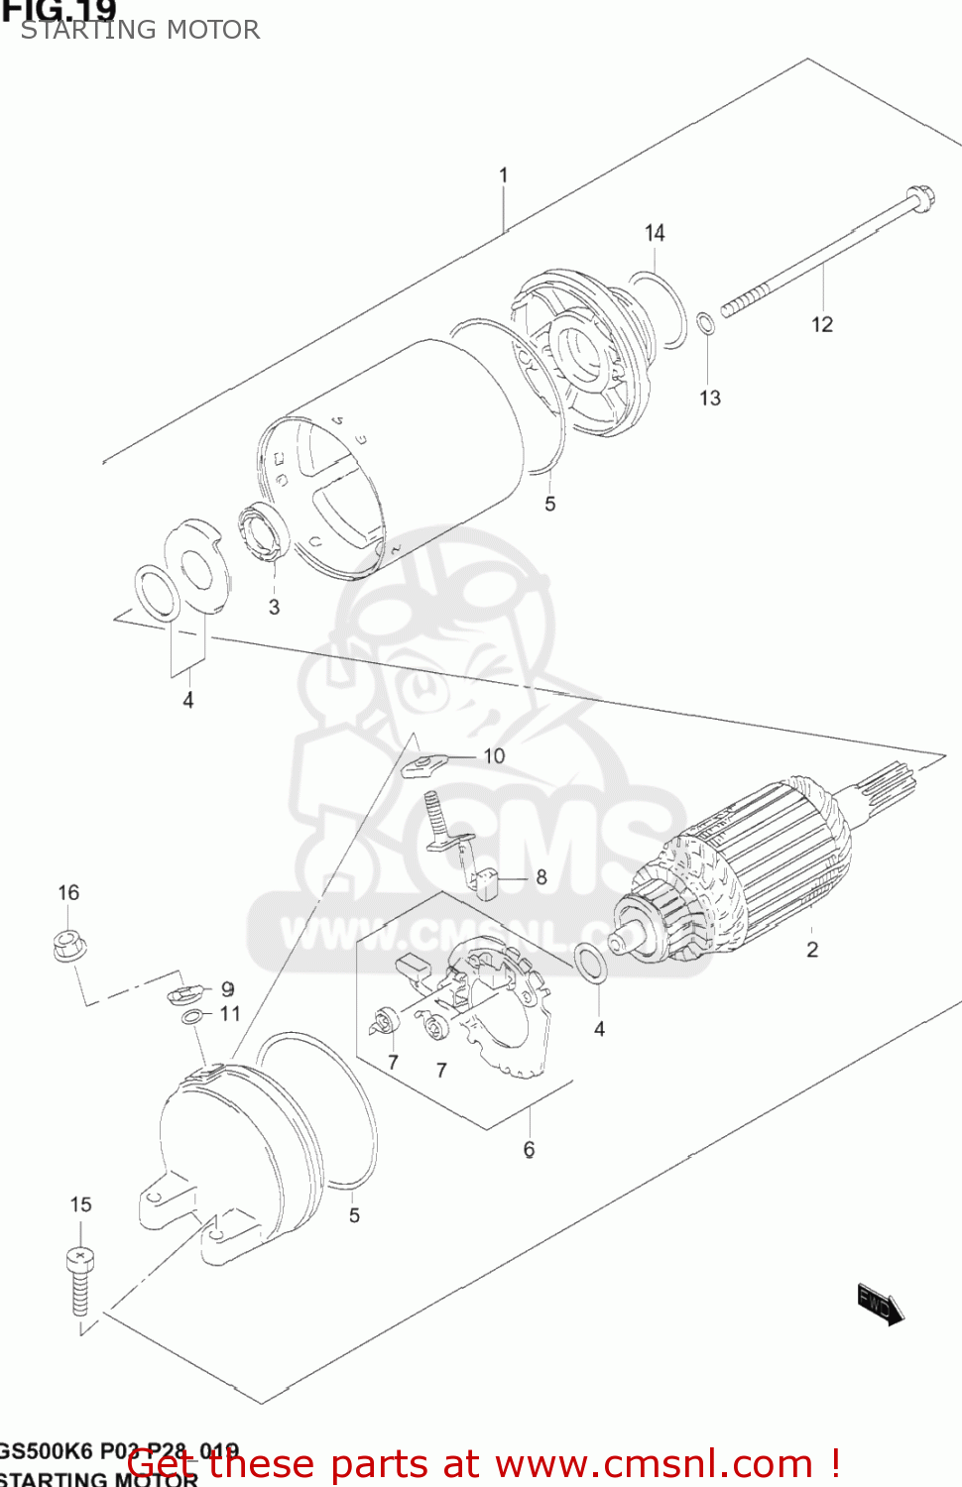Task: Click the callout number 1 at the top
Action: tap(504, 175)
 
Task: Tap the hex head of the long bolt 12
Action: tap(919, 195)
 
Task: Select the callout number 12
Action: tap(822, 324)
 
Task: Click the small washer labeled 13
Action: tap(705, 324)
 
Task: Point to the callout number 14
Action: tap(655, 233)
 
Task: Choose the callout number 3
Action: tap(275, 607)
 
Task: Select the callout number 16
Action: tap(68, 892)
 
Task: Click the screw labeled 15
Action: tap(80, 1279)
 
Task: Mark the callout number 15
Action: tap(80, 1204)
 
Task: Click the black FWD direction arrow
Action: tap(880, 1305)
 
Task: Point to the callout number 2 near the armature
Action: tap(812, 950)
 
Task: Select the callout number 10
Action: tap(494, 756)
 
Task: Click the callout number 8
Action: tap(541, 877)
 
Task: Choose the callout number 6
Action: tap(530, 1149)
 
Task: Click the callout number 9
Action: tap(228, 989)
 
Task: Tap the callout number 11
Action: tap(230, 1013)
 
